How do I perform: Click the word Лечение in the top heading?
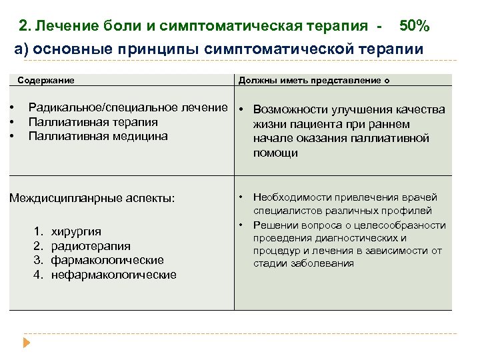[x=65, y=26]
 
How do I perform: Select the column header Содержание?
[x=46, y=80]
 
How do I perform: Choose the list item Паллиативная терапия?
[x=93, y=122]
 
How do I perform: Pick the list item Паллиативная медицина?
[x=98, y=136]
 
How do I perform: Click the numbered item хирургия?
[x=76, y=231]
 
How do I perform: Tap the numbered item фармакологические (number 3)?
[x=107, y=260]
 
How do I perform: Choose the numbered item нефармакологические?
[x=113, y=275]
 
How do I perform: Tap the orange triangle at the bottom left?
[x=27, y=343]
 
